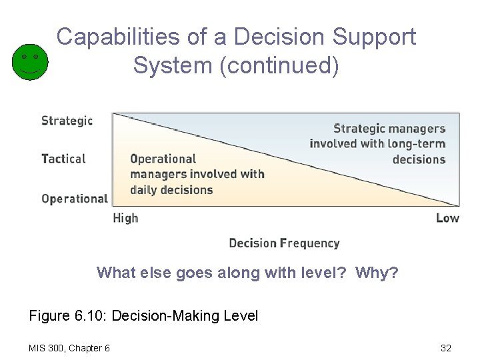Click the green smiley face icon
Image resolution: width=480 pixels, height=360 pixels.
coord(30,61)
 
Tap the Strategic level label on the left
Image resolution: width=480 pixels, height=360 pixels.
coord(67,121)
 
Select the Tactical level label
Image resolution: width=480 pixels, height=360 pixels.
coord(63,159)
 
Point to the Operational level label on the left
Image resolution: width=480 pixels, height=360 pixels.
coord(74,198)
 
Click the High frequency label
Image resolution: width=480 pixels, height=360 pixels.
coord(125,218)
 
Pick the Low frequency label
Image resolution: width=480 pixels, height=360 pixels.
coord(447,218)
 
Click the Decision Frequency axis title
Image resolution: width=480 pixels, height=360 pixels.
coord(284,243)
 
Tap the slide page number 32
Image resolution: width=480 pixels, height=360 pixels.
coord(446,348)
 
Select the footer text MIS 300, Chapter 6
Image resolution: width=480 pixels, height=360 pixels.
coord(69,348)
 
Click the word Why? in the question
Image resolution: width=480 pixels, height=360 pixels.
coord(377,273)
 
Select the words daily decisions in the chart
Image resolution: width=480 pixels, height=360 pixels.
coord(171,190)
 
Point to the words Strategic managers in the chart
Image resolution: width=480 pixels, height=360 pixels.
coord(389,129)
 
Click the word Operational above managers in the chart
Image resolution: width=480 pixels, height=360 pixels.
coord(163,159)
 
